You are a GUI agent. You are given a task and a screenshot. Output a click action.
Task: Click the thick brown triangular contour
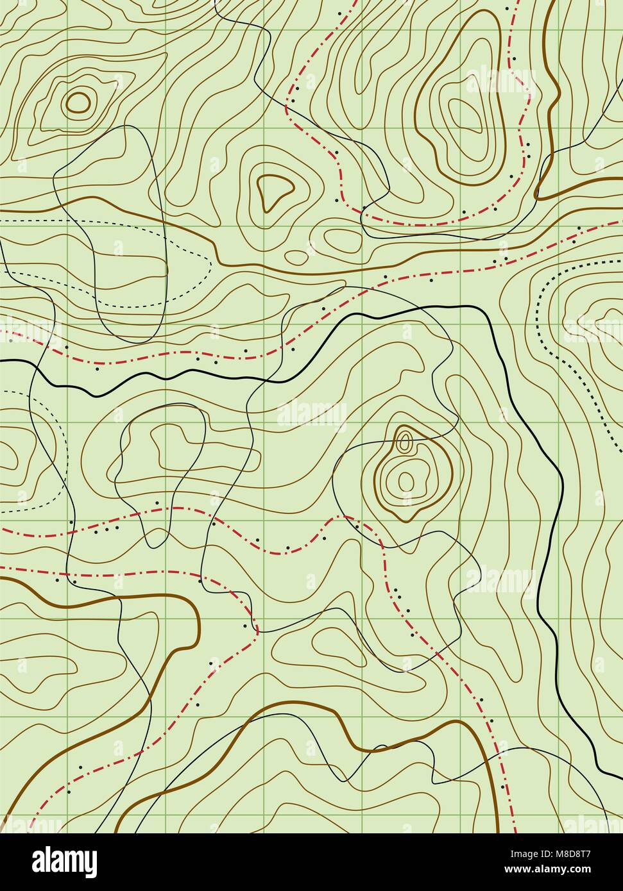pyautogui.click(x=275, y=190)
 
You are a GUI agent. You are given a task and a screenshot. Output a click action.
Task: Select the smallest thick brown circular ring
pyautogui.click(x=78, y=101)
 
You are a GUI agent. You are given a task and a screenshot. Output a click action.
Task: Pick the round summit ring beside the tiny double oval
pyautogui.click(x=405, y=479)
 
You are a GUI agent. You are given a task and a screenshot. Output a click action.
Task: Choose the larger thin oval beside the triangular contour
pyautogui.click(x=342, y=240)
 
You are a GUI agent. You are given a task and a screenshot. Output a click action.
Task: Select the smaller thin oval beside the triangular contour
pyautogui.click(x=296, y=257)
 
